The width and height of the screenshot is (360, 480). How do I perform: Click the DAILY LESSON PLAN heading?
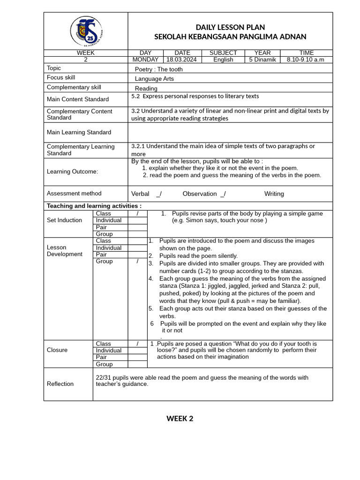pyautogui.click(x=230, y=28)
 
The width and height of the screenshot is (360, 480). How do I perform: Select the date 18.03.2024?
pyautogui.click(x=182, y=60)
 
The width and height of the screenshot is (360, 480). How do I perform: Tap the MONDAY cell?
pyautogui.click(x=145, y=60)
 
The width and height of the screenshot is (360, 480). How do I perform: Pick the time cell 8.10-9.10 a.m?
pyautogui.click(x=306, y=60)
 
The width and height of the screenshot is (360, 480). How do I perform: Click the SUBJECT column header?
pyautogui.click(x=223, y=53)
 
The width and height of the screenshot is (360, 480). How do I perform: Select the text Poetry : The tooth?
pyautogui.click(x=159, y=69)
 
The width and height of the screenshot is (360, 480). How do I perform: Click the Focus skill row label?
pyautogui.click(x=61, y=77)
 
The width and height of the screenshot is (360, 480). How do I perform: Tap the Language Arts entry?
pyautogui.click(x=154, y=79)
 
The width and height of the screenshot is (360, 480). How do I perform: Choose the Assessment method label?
pyautogui.click(x=74, y=193)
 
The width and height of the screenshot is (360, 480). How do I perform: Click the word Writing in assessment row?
pyautogui.click(x=274, y=194)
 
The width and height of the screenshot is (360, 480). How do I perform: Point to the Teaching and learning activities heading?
pyautogui.click(x=94, y=206)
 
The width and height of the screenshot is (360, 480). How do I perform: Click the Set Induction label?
pyautogui.click(x=64, y=220)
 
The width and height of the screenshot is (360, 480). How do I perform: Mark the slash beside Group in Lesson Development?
pyautogui.click(x=137, y=262)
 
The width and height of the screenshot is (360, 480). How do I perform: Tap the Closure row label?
pyautogui.click(x=57, y=350)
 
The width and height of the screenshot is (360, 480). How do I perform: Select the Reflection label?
pyautogui.click(x=60, y=384)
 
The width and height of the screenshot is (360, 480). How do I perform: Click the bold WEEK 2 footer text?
pyautogui.click(x=180, y=419)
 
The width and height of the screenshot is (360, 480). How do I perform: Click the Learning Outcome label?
pyautogui.click(x=72, y=172)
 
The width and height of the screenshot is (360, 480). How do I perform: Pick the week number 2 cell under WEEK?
pyautogui.click(x=85, y=60)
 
